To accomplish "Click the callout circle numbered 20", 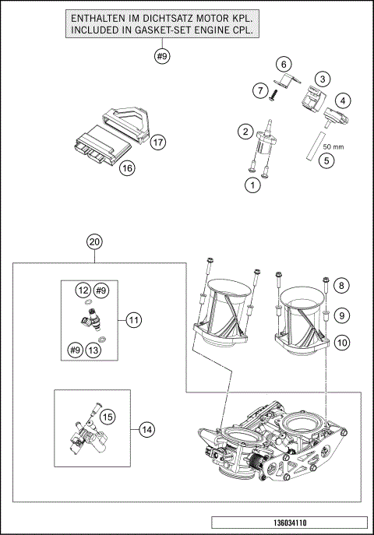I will (x=94, y=242).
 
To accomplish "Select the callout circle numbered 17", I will (x=158, y=142).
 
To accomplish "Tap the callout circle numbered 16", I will (x=127, y=167).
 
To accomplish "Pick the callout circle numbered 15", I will (x=107, y=417).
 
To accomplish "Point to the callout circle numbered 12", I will (x=82, y=290).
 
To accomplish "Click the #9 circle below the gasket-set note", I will (x=161, y=56).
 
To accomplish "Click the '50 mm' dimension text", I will (x=333, y=146).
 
